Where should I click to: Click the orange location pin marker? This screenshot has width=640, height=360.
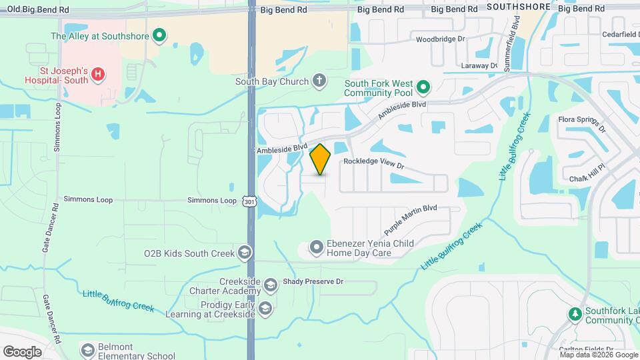tap(321, 159)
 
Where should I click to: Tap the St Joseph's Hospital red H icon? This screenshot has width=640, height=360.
tap(98, 74)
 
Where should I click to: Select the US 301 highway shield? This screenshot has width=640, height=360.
tap(249, 201)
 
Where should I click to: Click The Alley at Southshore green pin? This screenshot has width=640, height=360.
tap(159, 35)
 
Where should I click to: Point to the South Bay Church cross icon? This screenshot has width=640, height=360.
tap(319, 81)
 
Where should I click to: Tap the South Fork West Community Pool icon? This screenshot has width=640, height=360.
tap(423, 87)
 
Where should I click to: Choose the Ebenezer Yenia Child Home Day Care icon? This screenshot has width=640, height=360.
tap(316, 249)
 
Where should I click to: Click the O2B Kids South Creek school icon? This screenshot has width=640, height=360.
tap(245, 253)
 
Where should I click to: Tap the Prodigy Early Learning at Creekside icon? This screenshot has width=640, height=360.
tap(265, 307)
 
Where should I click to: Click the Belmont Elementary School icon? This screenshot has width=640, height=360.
tap(87, 351)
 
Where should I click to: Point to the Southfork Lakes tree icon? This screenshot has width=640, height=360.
tap(574, 313)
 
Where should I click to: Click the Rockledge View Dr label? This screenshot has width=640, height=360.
tap(374, 162)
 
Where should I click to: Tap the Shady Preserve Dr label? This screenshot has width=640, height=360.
tap(313, 282)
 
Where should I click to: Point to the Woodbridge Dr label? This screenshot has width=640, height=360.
tap(441, 39)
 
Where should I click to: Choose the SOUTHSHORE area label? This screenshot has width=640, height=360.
tap(519, 7)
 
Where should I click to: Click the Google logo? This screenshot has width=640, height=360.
tap(23, 351)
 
